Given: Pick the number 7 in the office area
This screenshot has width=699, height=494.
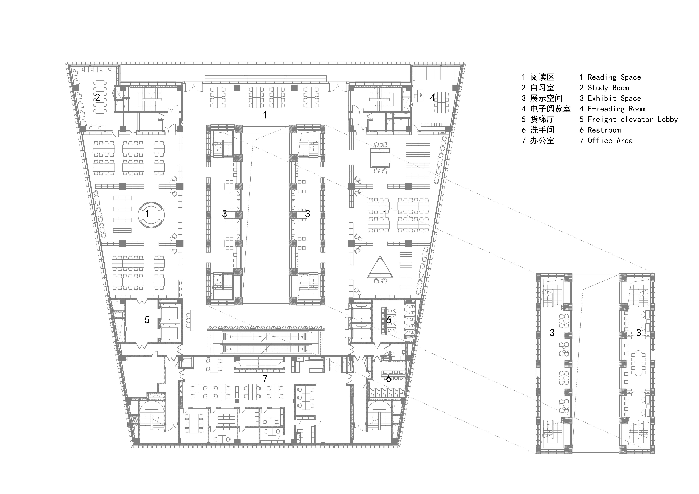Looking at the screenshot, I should point(265,378).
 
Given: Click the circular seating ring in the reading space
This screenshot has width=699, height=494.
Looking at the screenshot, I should point(151,215).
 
